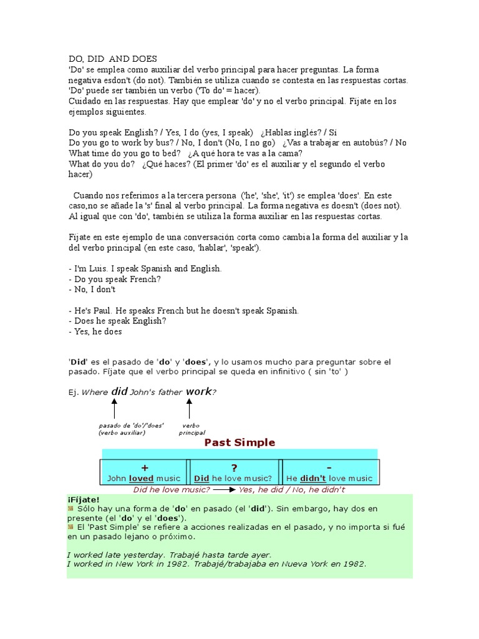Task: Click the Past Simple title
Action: click(239, 442)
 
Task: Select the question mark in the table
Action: click(235, 467)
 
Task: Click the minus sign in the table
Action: click(328, 467)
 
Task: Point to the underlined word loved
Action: click(141, 479)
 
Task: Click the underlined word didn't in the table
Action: click(315, 479)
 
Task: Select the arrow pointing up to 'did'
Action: click(114, 409)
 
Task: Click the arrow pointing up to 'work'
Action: click(189, 409)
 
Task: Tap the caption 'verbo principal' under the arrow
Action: click(191, 429)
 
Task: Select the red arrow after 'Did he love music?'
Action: click(224, 490)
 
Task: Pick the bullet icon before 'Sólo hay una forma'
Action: click(70, 509)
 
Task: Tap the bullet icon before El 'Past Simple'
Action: click(70, 527)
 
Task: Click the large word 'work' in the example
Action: click(199, 392)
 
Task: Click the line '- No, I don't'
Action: click(92, 290)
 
